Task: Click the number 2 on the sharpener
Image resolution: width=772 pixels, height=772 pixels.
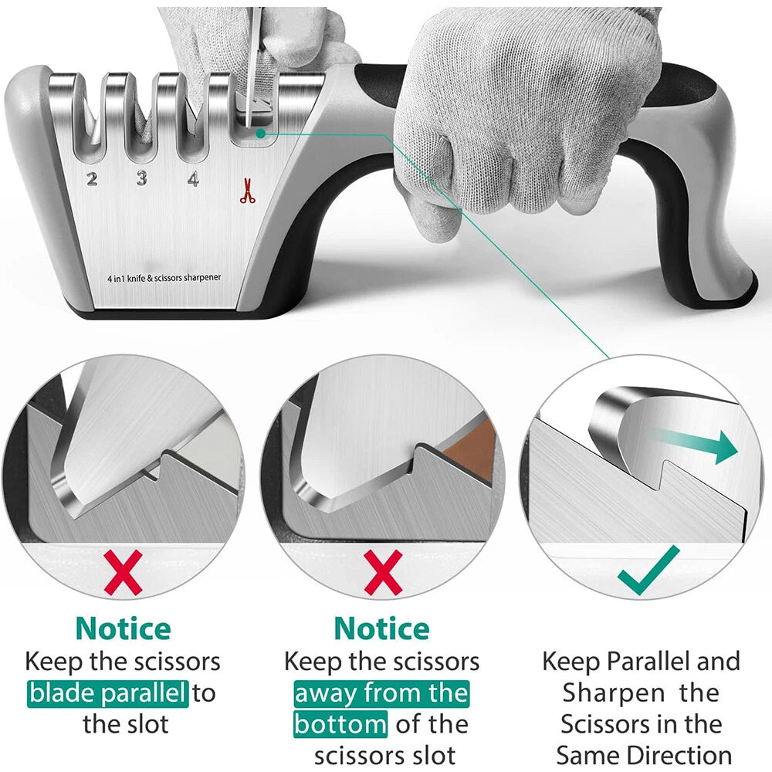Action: pyautogui.click(x=92, y=180)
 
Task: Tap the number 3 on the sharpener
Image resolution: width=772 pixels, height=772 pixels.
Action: pyautogui.click(x=142, y=179)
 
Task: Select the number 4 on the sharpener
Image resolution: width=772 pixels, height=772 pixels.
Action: pyautogui.click(x=193, y=179)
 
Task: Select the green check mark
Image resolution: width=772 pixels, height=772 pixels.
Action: pyautogui.click(x=648, y=571)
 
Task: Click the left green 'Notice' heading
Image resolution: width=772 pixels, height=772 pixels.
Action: pyautogui.click(x=124, y=628)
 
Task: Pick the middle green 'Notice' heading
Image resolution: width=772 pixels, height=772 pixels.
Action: pyautogui.click(x=382, y=628)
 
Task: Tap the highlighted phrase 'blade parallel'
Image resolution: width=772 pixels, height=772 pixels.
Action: pyautogui.click(x=108, y=692)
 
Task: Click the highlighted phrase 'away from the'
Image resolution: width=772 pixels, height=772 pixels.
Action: pyautogui.click(x=381, y=692)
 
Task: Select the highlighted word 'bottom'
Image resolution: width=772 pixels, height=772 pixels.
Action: pyautogui.click(x=340, y=724)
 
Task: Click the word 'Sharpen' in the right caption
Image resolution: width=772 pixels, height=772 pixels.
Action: pyautogui.click(x=614, y=692)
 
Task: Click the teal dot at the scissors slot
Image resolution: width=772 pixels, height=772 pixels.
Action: pyautogui.click(x=262, y=133)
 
